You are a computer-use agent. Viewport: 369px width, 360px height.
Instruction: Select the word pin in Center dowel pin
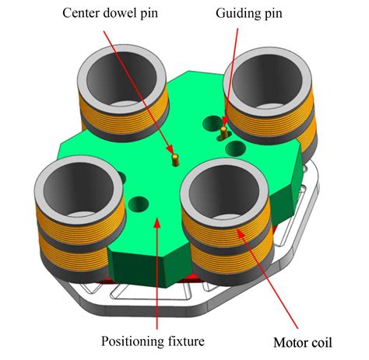tap(149, 13)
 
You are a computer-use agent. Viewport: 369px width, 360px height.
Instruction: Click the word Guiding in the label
tap(238, 13)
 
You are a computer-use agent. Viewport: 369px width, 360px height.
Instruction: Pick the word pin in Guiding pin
tap(273, 14)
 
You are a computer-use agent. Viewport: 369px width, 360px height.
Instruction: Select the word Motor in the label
tap(289, 342)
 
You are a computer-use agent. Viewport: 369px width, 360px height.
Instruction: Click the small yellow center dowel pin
tap(176, 160)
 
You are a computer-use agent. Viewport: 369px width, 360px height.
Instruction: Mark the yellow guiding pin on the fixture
tap(223, 132)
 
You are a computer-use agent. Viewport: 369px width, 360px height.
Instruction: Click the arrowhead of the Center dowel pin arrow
tap(170, 149)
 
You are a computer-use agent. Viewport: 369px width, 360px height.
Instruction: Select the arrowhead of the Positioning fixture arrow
tap(157, 222)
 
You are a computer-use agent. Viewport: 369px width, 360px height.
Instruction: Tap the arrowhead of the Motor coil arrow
tap(241, 232)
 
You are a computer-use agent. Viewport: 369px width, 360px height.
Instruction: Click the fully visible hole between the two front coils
tap(139, 204)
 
